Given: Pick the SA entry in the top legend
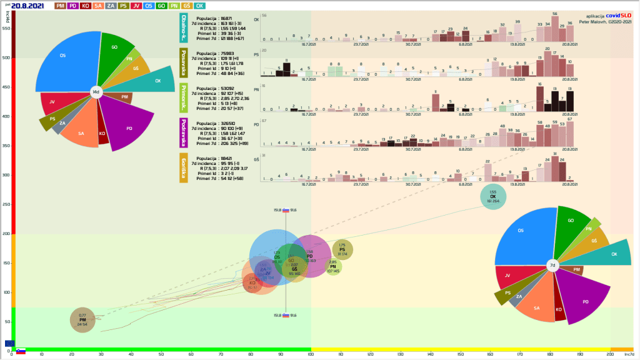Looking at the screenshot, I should coord(99,6).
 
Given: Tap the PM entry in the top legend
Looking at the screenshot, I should coord(61,6).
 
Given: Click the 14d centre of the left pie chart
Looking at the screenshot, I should coord(96,92).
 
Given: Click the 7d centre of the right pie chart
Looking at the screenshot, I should coord(552,265).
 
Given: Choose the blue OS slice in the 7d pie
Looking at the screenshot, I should coord(525,234).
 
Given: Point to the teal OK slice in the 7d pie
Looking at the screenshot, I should coord(609,254).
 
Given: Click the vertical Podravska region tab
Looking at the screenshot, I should coord(184,134).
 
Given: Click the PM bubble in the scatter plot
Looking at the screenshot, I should coord(82,320).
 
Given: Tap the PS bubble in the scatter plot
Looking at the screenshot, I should coord(342,249).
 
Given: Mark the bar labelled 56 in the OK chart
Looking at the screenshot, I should coord(554,27).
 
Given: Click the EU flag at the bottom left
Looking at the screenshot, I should coord(9,343).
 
